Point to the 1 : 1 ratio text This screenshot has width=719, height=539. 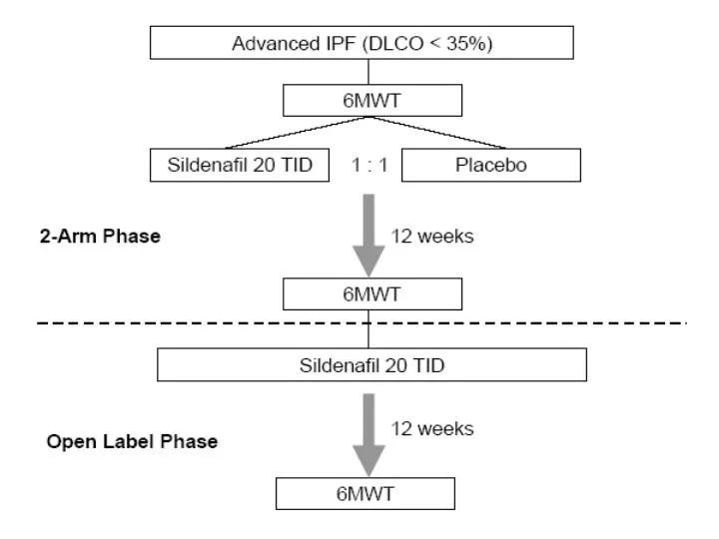coord(369,165)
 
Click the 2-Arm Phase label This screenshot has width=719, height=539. coord(100,236)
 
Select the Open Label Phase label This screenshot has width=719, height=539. coord(132,441)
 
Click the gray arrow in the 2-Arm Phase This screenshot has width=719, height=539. coord(368,236)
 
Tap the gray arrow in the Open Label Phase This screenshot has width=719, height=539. coord(368,435)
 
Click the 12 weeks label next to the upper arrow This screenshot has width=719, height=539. coord(432,236)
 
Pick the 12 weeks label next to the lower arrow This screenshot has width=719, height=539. coord(432,429)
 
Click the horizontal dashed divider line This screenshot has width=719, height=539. coord(361,323)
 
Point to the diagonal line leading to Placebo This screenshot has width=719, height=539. coord(438,133)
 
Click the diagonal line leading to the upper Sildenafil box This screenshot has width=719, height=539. coord(298,133)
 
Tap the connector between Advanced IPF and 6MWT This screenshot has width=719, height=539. coord(368,72)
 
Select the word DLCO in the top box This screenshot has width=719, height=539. coord(396,43)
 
